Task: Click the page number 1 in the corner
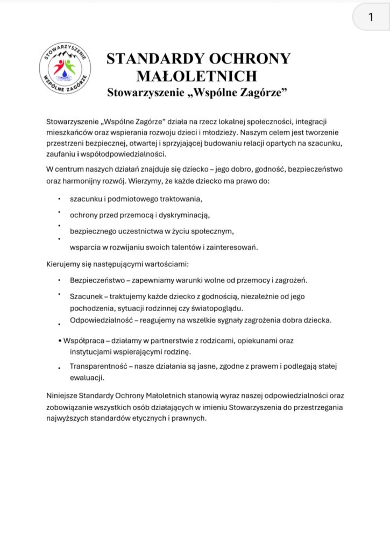371,17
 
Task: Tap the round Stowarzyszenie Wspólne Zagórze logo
65,68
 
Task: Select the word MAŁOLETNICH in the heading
197,75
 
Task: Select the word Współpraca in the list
81,341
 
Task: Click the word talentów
184,248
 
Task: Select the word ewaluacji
87,378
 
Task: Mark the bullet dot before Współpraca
59,341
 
